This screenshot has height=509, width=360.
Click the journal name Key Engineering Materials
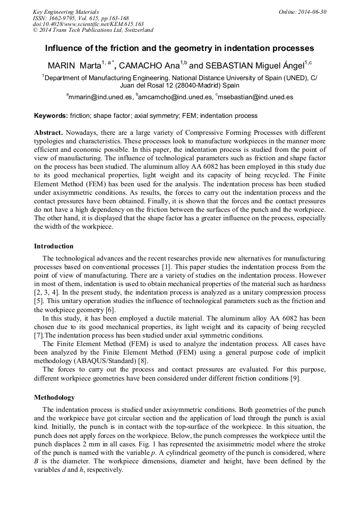coord(66,12)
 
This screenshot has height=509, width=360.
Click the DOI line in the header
coord(88,24)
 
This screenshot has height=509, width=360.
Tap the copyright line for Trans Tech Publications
coord(93,30)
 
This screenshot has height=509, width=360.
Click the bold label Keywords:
coord(51,116)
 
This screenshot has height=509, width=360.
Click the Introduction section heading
coord(54,246)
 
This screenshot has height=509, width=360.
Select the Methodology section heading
coord(55,398)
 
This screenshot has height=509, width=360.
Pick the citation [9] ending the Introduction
coord(320,378)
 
